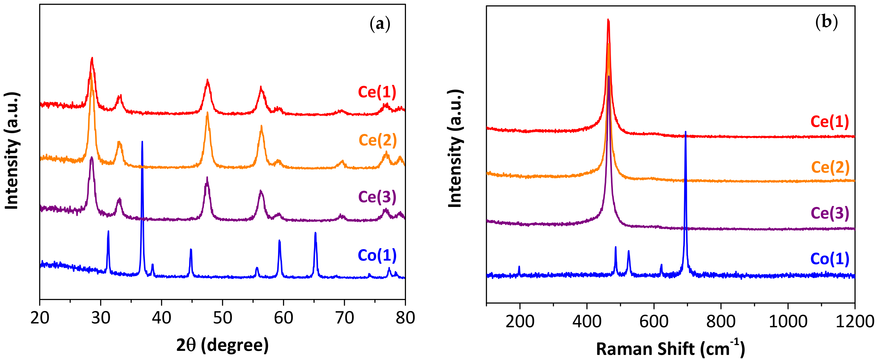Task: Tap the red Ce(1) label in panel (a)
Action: coord(377,92)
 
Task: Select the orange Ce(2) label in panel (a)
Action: coord(377,140)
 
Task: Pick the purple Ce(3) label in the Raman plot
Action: coord(830,213)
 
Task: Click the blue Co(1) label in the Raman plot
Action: coord(830,259)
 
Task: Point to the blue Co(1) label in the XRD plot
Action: coord(377,255)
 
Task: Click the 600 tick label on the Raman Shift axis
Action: coord(654,321)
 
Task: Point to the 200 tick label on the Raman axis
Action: coord(520,321)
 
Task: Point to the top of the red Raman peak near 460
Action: coord(608,20)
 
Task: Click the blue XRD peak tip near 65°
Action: coord(315,233)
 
